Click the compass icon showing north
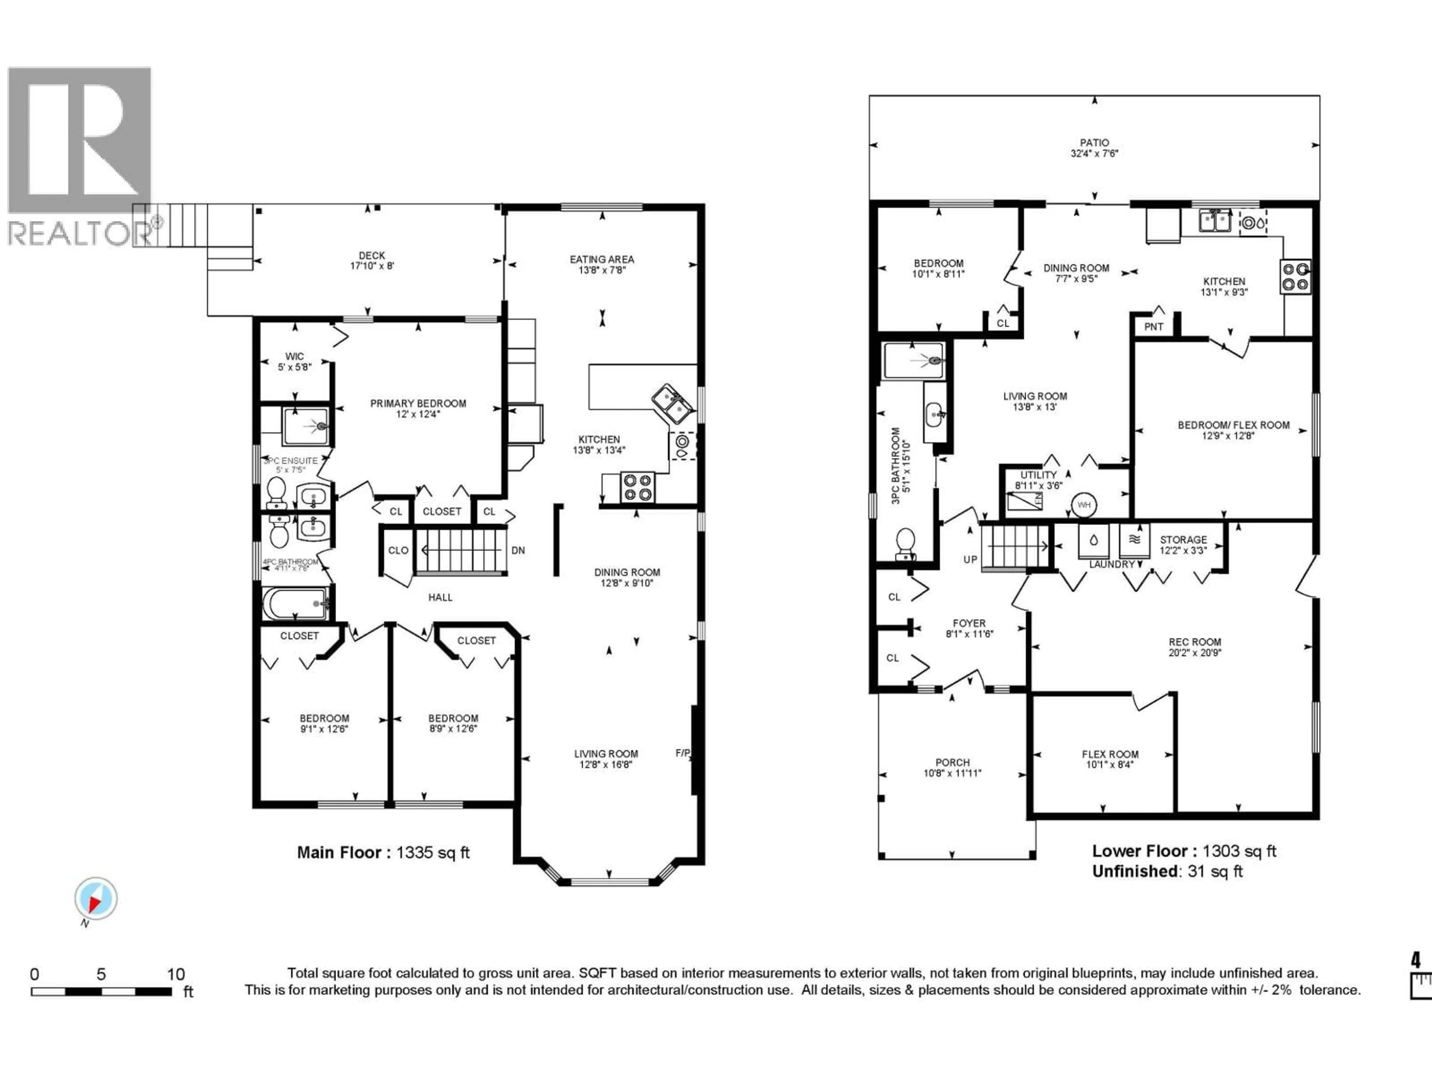96,899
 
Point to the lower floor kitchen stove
1296,276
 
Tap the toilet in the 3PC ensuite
276,493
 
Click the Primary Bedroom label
418,403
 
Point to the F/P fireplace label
683,753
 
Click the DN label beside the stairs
518,550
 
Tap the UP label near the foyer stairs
970,559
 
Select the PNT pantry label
1154,326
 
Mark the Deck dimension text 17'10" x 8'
371,266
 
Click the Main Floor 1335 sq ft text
383,852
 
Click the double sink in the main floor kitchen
671,403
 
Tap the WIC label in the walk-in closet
295,356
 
